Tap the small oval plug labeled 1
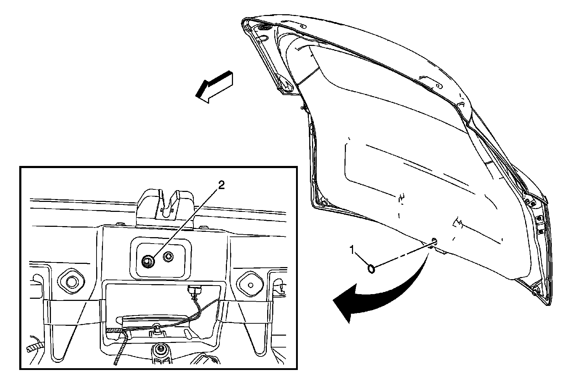point(370,268)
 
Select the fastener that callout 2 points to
point(147,261)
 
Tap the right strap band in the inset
point(246,312)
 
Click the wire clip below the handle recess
point(156,332)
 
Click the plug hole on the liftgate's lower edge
point(434,241)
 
